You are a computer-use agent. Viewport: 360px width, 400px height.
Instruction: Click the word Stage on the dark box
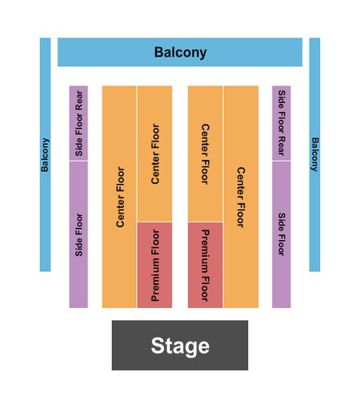click(180, 346)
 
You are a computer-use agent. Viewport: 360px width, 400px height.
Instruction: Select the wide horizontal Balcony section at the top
click(180, 52)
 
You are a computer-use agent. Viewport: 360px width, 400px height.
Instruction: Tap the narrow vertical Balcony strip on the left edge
click(45, 154)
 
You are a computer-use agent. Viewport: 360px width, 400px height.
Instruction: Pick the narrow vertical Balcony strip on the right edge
click(314, 154)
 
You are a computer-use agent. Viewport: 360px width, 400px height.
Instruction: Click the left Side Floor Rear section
click(78, 123)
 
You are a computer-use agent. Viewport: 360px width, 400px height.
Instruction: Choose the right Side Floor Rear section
click(282, 123)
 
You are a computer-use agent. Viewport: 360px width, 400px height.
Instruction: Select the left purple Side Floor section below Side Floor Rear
click(78, 234)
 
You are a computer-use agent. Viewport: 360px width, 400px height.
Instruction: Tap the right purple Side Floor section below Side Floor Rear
click(282, 234)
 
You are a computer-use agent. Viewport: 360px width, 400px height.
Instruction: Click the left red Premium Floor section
click(154, 266)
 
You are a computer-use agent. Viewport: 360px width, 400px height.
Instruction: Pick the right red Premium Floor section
click(206, 266)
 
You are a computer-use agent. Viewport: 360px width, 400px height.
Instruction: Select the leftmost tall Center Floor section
click(119, 197)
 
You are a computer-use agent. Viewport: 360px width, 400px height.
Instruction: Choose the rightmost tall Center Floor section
click(241, 197)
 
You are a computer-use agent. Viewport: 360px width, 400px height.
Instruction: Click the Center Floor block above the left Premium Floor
click(154, 154)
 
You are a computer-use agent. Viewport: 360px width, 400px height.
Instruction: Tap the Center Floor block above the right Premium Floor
click(206, 154)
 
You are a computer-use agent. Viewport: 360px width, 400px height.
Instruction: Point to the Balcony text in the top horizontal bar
click(181, 53)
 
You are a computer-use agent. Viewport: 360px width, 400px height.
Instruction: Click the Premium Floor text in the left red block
click(155, 266)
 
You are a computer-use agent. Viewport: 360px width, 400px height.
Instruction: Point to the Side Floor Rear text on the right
click(282, 123)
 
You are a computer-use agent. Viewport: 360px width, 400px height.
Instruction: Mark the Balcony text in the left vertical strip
click(45, 155)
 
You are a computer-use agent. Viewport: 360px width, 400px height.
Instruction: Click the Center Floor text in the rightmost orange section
click(241, 198)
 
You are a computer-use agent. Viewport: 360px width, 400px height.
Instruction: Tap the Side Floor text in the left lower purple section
click(79, 234)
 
